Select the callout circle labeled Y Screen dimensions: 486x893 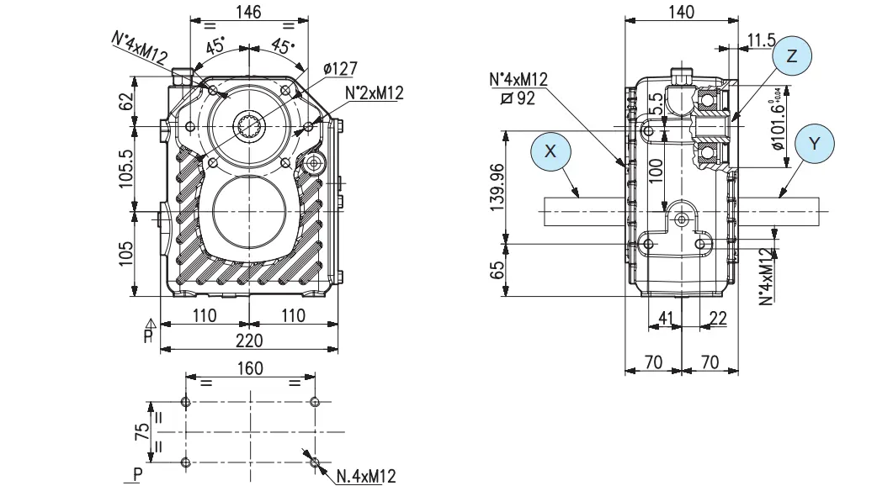(x=812, y=144)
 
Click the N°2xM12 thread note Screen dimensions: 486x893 (x=375, y=93)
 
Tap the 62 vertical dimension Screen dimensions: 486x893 (x=125, y=101)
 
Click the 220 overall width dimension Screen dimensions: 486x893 (x=248, y=340)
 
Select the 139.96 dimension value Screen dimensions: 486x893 (x=498, y=187)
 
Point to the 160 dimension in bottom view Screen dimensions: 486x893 (x=250, y=368)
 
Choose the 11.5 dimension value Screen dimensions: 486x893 (x=760, y=40)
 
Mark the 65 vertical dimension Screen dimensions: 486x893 (x=498, y=270)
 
